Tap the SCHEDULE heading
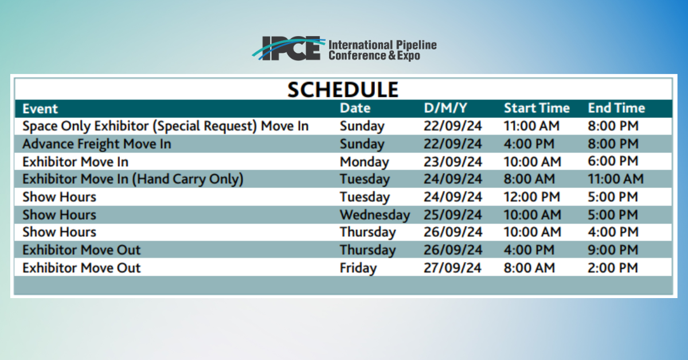[x=343, y=89]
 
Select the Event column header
[x=40, y=109]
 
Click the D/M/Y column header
[x=445, y=108]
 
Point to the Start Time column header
[x=537, y=108]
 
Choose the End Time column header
[x=616, y=108]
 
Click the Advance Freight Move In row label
[x=96, y=144]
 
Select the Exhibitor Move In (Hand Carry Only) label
[x=132, y=179]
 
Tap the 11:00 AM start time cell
[x=531, y=126]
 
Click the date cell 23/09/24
[x=453, y=162]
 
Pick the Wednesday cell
[x=375, y=215]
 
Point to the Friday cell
[x=358, y=268]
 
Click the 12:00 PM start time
[x=531, y=197]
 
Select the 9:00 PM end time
[x=613, y=250]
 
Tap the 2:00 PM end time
[x=613, y=268]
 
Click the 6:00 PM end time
[x=613, y=161]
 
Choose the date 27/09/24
[x=452, y=268]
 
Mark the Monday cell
[x=364, y=162]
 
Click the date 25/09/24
[x=453, y=215]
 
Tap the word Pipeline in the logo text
[x=416, y=45]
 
